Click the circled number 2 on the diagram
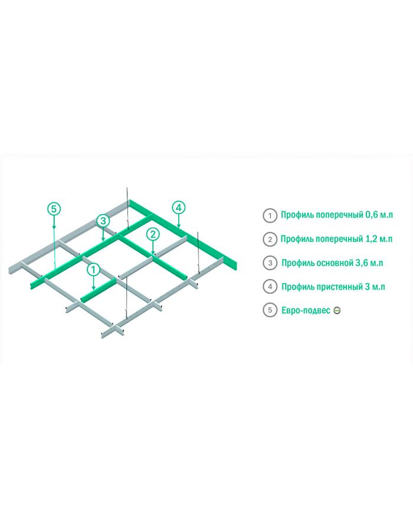tap(153, 234)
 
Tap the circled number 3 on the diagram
tap(103, 221)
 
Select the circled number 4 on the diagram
tap(179, 207)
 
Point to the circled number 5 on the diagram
tap(54, 208)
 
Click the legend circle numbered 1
tap(270, 215)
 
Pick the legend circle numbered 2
tap(270, 239)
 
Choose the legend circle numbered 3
tap(270, 263)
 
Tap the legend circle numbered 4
tap(270, 287)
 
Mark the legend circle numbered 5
tap(270, 310)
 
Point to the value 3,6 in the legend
tap(362, 263)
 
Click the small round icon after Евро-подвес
tap(337, 310)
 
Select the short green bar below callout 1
tap(97, 293)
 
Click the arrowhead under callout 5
tap(54, 227)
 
